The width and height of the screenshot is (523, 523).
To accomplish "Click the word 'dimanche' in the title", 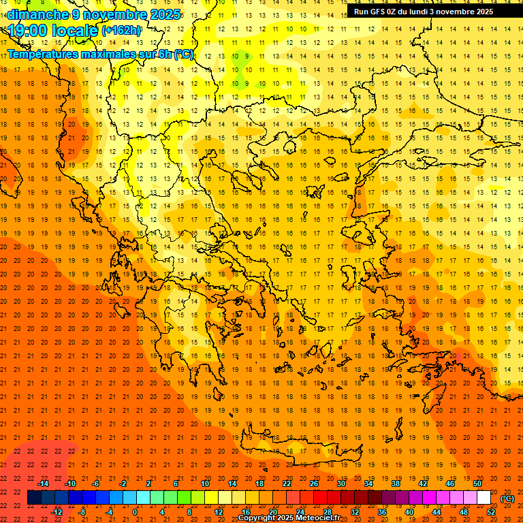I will (x=38, y=14).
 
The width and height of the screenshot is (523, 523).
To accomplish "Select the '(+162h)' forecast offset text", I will (x=121, y=31).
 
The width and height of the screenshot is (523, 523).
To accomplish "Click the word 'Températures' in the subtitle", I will (x=42, y=54).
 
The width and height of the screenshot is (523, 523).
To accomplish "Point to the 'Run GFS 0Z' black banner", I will (x=429, y=12).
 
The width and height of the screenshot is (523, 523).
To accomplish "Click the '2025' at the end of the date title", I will (x=166, y=14).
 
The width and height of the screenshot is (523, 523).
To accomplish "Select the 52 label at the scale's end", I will (x=491, y=511).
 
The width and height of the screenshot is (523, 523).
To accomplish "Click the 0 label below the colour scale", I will (x=135, y=511).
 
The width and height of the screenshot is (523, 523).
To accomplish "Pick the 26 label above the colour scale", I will (x=314, y=484).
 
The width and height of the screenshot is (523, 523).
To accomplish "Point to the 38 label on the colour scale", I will (x=395, y=484).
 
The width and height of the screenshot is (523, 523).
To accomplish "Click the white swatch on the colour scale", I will (x=484, y=498).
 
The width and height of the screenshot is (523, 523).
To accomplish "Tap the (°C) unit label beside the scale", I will (x=507, y=498).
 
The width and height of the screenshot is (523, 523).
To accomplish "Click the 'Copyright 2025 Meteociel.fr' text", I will (x=298, y=518).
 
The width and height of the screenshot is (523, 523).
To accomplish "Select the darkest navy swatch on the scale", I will (x=34, y=498).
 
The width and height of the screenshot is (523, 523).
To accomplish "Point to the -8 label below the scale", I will (x=82, y=511).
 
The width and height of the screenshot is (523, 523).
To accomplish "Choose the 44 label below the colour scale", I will (x=437, y=511).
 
